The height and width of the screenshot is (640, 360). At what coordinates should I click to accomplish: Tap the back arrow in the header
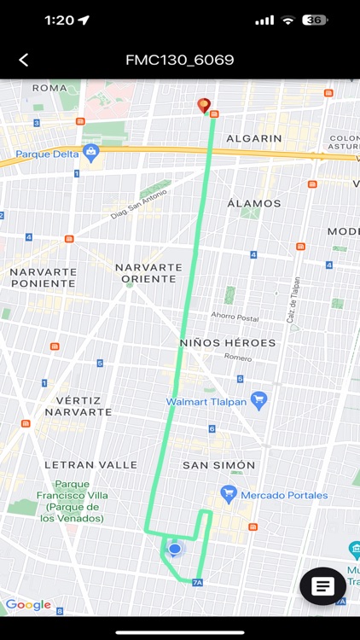pyautogui.click(x=24, y=60)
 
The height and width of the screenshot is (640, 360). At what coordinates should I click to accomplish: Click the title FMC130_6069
pyautogui.click(x=180, y=60)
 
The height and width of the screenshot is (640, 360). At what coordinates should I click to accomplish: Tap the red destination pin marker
pyautogui.click(x=203, y=106)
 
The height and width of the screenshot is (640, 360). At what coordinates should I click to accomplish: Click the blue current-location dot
pyautogui.click(x=175, y=549)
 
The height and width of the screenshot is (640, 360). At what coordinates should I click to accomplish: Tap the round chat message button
pyautogui.click(x=322, y=586)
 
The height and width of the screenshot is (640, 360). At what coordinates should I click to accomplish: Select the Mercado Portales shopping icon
pyautogui.click(x=228, y=494)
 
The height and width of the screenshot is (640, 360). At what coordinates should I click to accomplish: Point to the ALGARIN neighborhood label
pyautogui.click(x=254, y=138)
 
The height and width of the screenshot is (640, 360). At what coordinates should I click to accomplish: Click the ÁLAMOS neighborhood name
pyautogui.click(x=254, y=203)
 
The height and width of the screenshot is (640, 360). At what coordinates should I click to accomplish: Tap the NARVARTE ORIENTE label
pyautogui.click(x=148, y=272)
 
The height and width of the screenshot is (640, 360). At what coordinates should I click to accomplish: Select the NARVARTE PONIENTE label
pyautogui.click(x=43, y=276)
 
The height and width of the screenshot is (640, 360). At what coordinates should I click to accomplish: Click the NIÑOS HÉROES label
pyautogui.click(x=228, y=342)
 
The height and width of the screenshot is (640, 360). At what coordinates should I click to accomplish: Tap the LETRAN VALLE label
pyautogui.click(x=90, y=465)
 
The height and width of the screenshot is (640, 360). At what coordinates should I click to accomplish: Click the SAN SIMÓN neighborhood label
pyautogui.click(x=218, y=465)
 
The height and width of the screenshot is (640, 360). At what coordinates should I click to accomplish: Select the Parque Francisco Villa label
pyautogui.click(x=72, y=501)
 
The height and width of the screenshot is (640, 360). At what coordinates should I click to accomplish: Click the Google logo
pyautogui.click(x=28, y=605)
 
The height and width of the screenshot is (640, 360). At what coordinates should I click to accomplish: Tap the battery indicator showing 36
pyautogui.click(x=315, y=20)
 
